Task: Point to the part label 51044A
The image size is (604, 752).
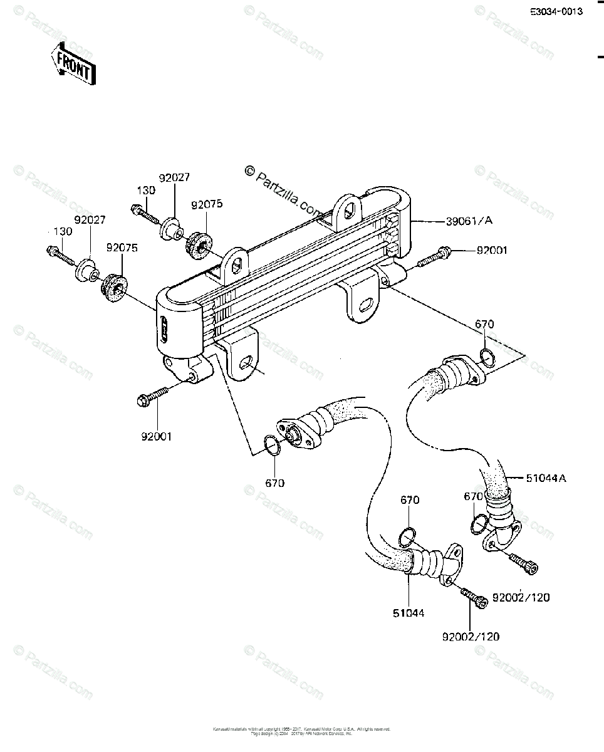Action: (x=546, y=478)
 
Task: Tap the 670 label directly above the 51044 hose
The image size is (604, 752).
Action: (x=410, y=500)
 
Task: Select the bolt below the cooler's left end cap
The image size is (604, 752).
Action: (x=152, y=396)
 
